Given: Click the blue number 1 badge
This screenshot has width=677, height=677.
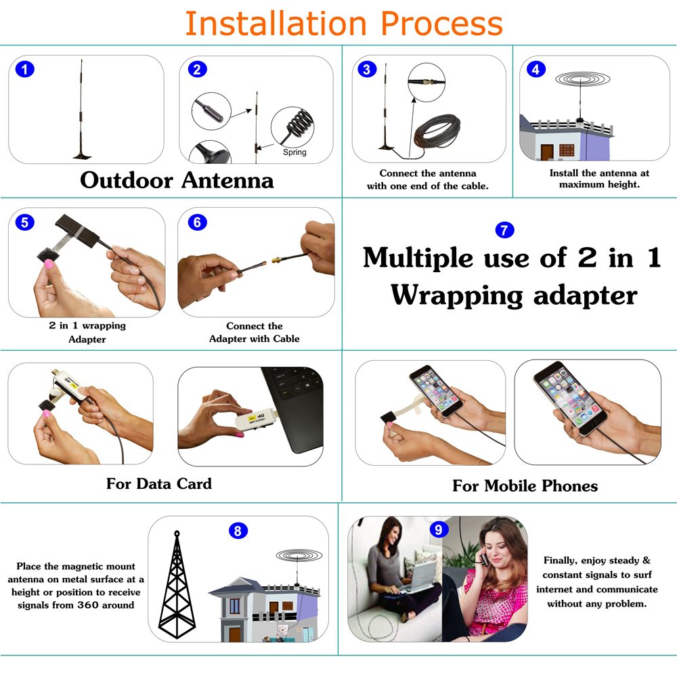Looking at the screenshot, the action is coord(24,69).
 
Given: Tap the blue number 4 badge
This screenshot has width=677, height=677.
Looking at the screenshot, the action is coord(536,69).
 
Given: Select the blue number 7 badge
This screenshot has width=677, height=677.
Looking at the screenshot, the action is coord(504,230).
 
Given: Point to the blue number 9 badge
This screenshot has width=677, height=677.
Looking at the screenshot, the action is coord(439,529).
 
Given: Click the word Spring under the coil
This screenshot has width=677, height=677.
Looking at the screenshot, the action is coord(294,152).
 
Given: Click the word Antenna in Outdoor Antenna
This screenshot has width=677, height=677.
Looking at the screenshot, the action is coord(227,180).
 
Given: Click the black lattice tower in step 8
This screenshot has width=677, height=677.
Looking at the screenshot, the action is coord(177,585).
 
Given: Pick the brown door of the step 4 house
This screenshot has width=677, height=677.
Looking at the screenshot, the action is coord(547,152).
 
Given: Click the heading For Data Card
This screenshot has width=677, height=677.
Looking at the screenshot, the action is coord(159,483).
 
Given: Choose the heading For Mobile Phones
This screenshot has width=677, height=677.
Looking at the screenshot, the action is coord(525,485).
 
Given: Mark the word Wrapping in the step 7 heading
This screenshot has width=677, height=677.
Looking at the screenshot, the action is coord(457,297).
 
